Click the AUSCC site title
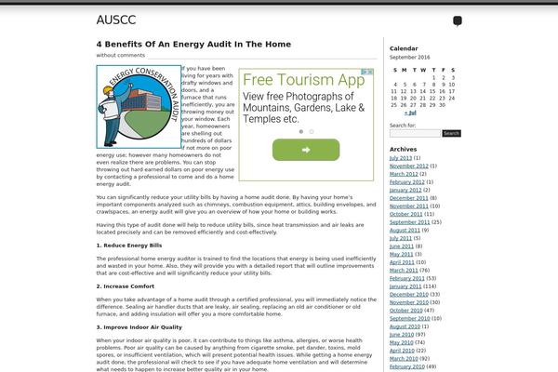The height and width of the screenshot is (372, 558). (115, 20)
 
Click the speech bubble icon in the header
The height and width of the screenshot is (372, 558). (458, 21)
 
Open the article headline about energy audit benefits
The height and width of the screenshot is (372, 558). (193, 44)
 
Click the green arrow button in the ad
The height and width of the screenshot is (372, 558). (306, 150)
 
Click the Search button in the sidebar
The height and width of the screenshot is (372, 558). (451, 133)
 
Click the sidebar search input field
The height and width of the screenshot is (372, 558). (415, 133)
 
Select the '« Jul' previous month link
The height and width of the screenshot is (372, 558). (410, 113)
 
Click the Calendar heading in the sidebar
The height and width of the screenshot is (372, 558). (404, 47)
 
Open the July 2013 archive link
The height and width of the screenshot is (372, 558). (400, 158)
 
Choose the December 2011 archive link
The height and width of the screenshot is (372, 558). (408, 198)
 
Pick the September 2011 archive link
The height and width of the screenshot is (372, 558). (410, 222)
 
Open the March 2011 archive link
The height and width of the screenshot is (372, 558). (403, 270)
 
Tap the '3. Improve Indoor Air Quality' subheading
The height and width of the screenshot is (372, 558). (139, 327)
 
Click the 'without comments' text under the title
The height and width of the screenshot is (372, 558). (121, 56)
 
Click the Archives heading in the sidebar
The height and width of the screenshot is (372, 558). (404, 149)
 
